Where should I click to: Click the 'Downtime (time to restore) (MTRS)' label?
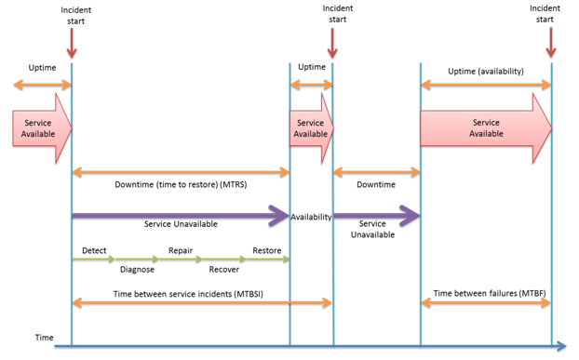coord(181,185)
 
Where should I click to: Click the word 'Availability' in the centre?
coord(311,217)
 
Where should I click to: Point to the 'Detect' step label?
coord(94,250)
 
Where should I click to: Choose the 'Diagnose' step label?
coord(137,270)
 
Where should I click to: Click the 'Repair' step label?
coord(180,250)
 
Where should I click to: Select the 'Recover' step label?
coord(223,270)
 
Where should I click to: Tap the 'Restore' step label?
coord(266,250)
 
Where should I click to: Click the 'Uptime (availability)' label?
coord(487,71)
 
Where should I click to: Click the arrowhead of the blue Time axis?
coord(561,346)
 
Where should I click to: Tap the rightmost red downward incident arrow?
coord(552,42)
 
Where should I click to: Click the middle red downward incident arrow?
coord(332,42)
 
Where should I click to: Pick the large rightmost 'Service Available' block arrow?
coord(485,127)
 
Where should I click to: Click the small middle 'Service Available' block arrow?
coord(310,127)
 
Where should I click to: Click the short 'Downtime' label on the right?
coord(377,185)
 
